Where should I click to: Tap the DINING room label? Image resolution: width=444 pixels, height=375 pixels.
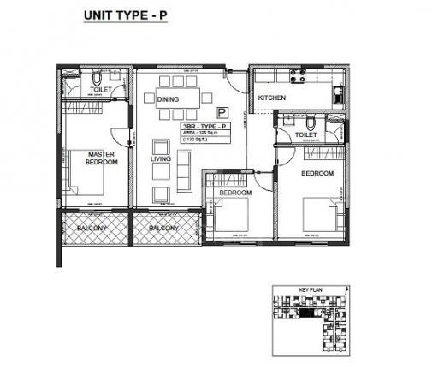[169, 99]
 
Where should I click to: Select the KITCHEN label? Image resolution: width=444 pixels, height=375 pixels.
[271, 98]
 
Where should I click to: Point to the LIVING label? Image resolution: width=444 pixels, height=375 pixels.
[161, 158]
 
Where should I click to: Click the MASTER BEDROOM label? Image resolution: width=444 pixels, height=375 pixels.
[102, 159]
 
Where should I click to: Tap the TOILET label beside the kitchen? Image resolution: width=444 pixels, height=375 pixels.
[306, 135]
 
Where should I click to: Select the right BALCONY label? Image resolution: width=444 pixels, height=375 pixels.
[163, 229]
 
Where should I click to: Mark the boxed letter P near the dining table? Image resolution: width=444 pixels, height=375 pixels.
[222, 111]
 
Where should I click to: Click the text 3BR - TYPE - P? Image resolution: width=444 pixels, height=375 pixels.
[203, 127]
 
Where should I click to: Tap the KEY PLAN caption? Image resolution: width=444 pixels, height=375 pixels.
[309, 291]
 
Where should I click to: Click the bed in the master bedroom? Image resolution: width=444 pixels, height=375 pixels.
[87, 182]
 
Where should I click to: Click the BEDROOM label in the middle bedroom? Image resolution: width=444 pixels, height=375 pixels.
[234, 193]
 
